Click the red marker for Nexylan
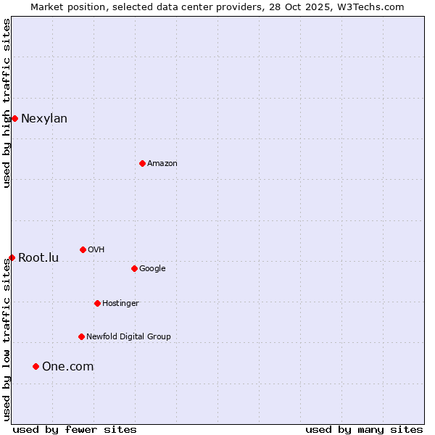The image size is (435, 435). [x=14, y=118]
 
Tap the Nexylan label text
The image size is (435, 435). [x=44, y=119]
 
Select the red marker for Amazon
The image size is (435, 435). [x=142, y=163]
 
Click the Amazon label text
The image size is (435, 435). [x=162, y=164]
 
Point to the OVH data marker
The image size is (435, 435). [x=83, y=249]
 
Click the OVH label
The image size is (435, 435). [x=96, y=250]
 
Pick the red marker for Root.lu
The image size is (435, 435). [x=12, y=257]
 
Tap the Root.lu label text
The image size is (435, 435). [x=38, y=258]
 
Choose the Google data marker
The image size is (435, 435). [x=134, y=268]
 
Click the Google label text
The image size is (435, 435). [x=152, y=269]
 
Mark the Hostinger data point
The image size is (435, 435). [x=97, y=303]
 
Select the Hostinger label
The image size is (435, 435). [x=120, y=304]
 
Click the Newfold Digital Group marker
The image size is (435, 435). [x=81, y=336]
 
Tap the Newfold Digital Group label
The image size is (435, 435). [x=128, y=337]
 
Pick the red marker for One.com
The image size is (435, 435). [x=36, y=366]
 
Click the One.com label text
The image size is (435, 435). [x=67, y=367]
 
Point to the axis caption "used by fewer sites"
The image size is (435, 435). [x=75, y=429]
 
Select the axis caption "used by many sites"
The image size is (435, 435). [x=364, y=429]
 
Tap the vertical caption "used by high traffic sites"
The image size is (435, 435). [x=7, y=103]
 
